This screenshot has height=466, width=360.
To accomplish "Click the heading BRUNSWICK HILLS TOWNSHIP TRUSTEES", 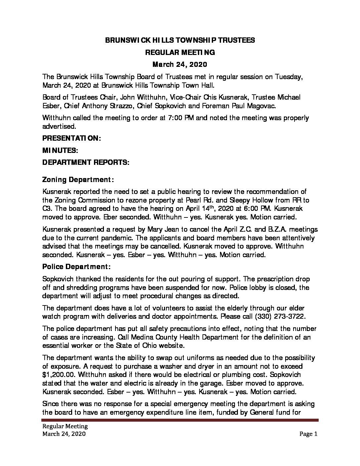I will tap(180, 40).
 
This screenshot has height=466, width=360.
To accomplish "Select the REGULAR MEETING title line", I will tap(180, 52).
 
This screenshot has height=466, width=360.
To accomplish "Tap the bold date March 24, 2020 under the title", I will tap(180, 64).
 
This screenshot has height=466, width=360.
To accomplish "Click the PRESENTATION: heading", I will tap(71, 139).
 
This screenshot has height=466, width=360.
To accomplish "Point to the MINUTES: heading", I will tap(60, 151).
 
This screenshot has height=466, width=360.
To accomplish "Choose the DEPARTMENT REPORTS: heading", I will tap(86, 163).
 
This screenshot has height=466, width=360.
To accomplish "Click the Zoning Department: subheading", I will tap(78, 180).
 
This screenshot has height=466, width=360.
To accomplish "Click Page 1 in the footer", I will tap(308, 434).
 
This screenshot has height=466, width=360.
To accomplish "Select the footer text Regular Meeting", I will tap(65, 426).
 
